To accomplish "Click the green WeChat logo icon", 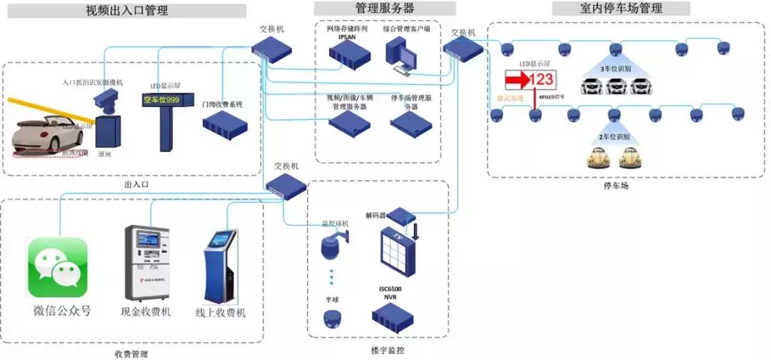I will tap(57, 267).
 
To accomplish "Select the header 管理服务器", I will tap(385, 9).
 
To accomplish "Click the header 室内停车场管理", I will tap(621, 9).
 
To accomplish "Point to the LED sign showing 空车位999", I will tap(161, 101).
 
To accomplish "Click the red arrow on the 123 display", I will tap(517, 79).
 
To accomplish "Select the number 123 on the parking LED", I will tap(540, 79).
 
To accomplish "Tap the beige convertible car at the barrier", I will tap(46, 132).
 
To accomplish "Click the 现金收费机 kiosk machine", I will tap(146, 263).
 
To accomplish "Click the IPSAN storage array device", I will tap(347, 53).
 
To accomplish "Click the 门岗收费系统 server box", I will tap(223, 126).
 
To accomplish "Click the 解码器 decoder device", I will tap(401, 214).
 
